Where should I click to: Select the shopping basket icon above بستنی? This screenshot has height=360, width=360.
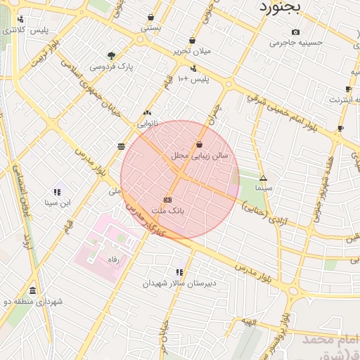point(151,18)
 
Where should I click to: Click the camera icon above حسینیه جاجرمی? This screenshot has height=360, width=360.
point(295,32)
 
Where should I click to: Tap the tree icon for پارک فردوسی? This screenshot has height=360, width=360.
point(111,56)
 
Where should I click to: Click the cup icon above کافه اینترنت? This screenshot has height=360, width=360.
point(348,89)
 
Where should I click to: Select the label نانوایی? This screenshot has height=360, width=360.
point(147,123)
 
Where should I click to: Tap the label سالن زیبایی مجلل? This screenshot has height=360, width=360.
point(200,155)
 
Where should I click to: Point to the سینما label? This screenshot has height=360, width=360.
point(263,188)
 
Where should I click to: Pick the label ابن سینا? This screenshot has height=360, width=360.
point(56,203)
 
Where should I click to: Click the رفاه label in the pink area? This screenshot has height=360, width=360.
point(111,259)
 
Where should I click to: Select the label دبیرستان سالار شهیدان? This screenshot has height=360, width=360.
point(179,283)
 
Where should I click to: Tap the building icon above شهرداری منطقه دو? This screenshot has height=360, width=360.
point(32,291)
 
